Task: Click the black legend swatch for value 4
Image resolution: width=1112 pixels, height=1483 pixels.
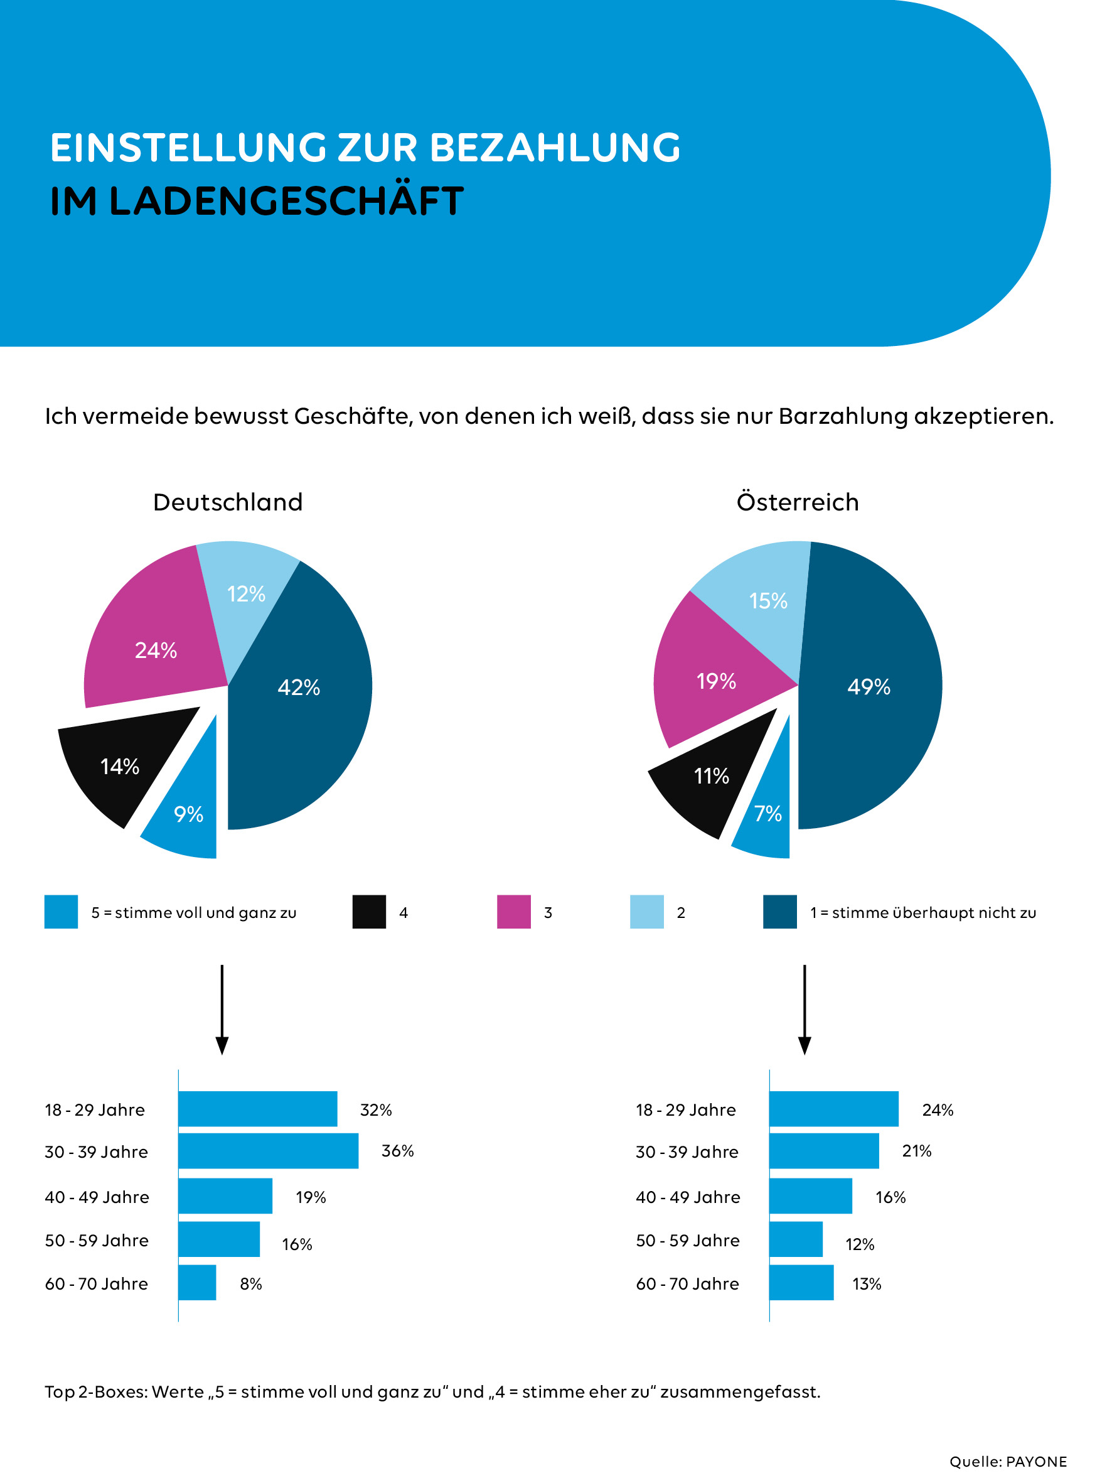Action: (x=368, y=912)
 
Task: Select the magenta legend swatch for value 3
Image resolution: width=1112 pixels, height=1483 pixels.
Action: (x=513, y=912)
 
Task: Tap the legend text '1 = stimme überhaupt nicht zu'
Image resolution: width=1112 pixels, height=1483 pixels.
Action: (x=923, y=912)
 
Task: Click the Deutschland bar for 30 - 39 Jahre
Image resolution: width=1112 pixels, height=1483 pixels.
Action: (x=268, y=1151)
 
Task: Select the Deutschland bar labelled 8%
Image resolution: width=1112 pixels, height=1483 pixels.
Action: (x=197, y=1283)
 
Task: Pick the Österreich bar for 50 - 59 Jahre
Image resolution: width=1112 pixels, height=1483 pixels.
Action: (x=796, y=1239)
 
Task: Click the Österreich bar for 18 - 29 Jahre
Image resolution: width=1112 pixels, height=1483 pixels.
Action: (x=833, y=1109)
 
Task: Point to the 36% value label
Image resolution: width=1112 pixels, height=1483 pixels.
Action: (x=397, y=1151)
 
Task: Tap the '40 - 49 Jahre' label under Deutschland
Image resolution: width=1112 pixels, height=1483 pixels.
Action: (x=97, y=1197)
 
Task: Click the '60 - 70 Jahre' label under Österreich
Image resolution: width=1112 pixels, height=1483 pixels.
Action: (x=687, y=1283)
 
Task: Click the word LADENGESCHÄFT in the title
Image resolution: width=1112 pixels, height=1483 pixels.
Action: (x=286, y=201)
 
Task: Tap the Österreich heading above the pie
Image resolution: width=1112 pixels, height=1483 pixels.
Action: (x=798, y=502)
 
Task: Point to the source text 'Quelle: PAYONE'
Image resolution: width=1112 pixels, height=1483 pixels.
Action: (x=1007, y=1462)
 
